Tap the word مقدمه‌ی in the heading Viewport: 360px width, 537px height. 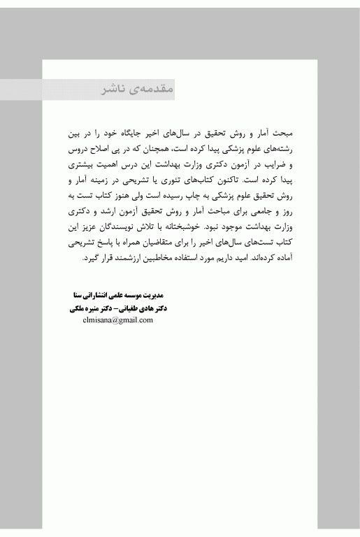[x=150, y=91]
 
